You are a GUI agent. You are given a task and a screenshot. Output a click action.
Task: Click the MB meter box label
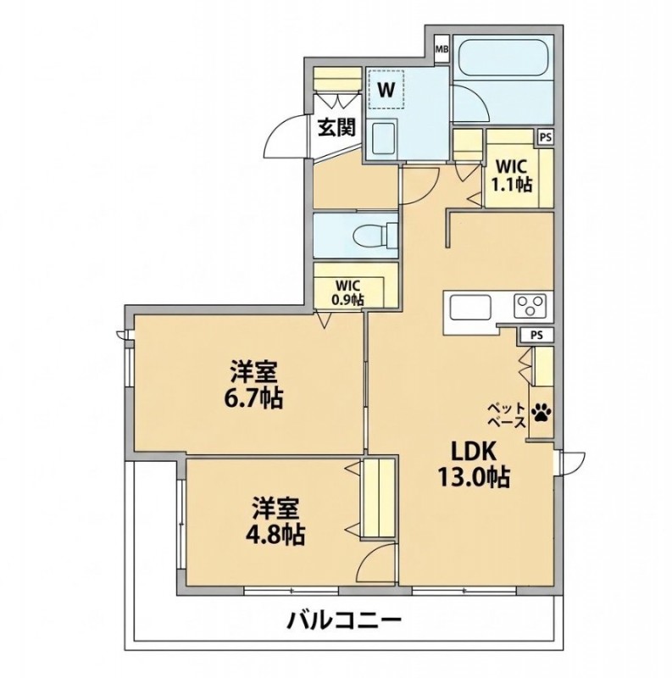(x=442, y=48)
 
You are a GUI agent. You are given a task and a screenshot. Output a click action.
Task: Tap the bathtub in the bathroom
(x=503, y=58)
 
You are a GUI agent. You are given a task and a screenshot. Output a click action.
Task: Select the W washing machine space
(x=386, y=90)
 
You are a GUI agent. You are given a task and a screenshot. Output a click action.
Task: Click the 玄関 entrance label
(x=337, y=127)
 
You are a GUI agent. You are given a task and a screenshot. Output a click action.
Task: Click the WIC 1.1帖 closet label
(x=511, y=175)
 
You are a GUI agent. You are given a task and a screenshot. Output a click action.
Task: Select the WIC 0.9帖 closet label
(x=348, y=293)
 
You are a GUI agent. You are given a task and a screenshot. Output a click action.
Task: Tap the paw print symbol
(x=541, y=413)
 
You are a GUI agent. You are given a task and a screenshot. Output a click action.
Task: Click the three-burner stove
(x=530, y=305)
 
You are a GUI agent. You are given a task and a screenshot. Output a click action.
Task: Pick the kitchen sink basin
(x=470, y=307)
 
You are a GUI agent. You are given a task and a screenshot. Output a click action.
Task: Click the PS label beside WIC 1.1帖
(x=547, y=137)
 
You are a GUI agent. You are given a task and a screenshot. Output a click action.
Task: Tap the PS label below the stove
(x=536, y=335)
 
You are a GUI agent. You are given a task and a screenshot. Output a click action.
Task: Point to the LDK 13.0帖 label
(x=474, y=464)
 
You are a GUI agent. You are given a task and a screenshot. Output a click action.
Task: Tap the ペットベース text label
(x=507, y=414)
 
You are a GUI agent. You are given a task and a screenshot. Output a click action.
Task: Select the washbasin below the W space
(x=383, y=138)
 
